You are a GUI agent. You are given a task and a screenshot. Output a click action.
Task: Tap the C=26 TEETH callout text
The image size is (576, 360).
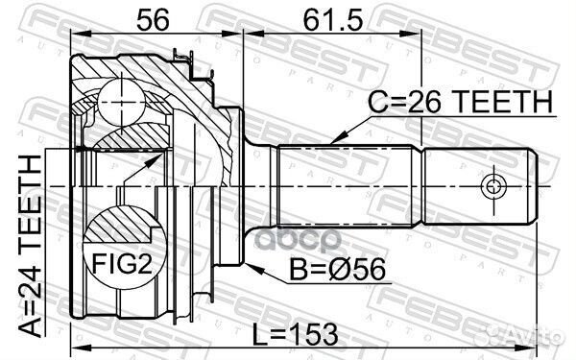pyautogui.click(x=460, y=101)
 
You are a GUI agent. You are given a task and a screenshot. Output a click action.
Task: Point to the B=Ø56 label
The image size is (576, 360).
pyautogui.click(x=337, y=269)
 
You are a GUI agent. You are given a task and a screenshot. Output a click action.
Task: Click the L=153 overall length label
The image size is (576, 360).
pyautogui.click(x=296, y=335)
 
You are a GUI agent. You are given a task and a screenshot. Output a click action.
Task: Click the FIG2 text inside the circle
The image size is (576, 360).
pyautogui.click(x=122, y=263)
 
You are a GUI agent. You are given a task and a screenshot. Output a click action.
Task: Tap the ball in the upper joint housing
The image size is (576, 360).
pyautogui.click(x=122, y=103)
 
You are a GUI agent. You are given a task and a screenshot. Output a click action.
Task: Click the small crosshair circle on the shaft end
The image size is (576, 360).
pyautogui.click(x=493, y=186)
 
